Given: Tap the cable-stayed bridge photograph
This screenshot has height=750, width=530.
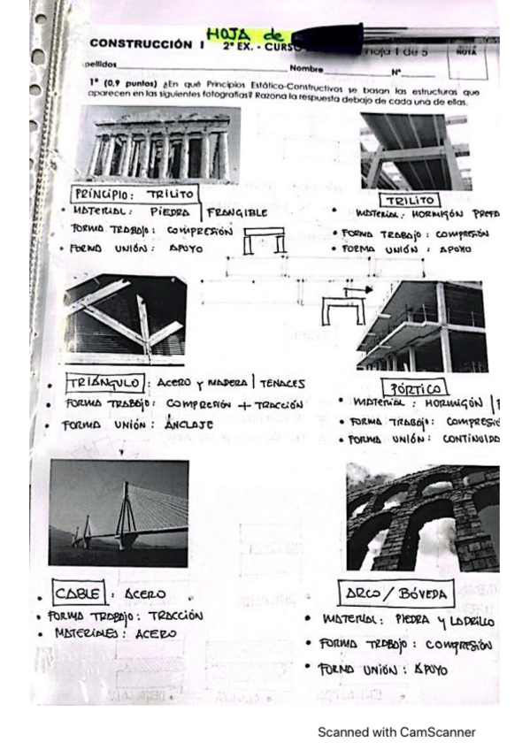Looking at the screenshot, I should tap(119, 513).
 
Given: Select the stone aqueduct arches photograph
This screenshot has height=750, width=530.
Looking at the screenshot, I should tap(423, 518).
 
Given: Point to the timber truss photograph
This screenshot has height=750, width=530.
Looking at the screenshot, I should tap(124, 318).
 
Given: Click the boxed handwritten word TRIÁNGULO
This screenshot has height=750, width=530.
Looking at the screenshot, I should tap(104, 383).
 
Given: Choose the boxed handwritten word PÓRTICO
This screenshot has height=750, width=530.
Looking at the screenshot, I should tap(414, 387).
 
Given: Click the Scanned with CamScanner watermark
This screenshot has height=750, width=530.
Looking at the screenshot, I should tap(396, 732).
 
